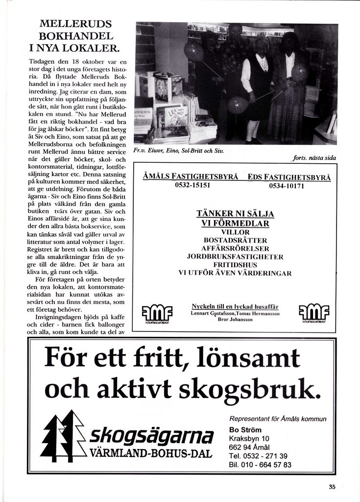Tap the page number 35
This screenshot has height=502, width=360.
coord(333,487)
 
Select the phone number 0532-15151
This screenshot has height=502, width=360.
coord(192,186)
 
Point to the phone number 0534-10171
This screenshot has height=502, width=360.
coord(287,186)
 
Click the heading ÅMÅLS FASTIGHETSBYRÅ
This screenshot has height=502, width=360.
coord(191,176)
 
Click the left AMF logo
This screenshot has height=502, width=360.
coord(157,311)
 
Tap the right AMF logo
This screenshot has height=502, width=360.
coord(313,311)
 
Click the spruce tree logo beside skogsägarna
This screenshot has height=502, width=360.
coord(62,435)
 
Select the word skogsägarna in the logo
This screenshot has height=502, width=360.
coord(151,435)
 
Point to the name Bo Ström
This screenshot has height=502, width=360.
coord(245,430)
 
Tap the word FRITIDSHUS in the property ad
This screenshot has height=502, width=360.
coord(235,265)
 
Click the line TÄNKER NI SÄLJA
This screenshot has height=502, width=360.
coord(235,214)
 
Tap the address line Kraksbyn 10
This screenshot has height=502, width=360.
coord(249,439)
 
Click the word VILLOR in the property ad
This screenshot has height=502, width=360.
coord(235,232)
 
